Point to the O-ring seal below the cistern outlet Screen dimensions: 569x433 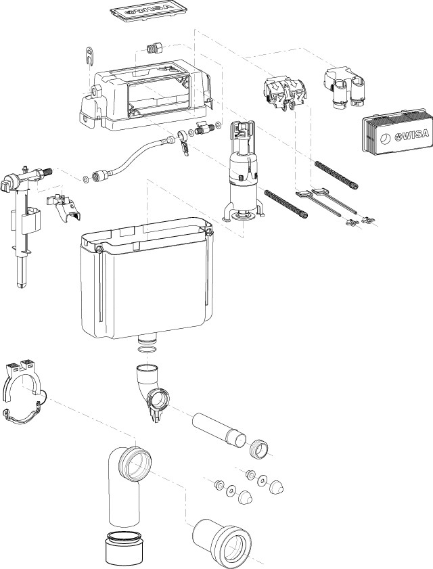146,350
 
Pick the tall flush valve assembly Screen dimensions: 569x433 242,173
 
